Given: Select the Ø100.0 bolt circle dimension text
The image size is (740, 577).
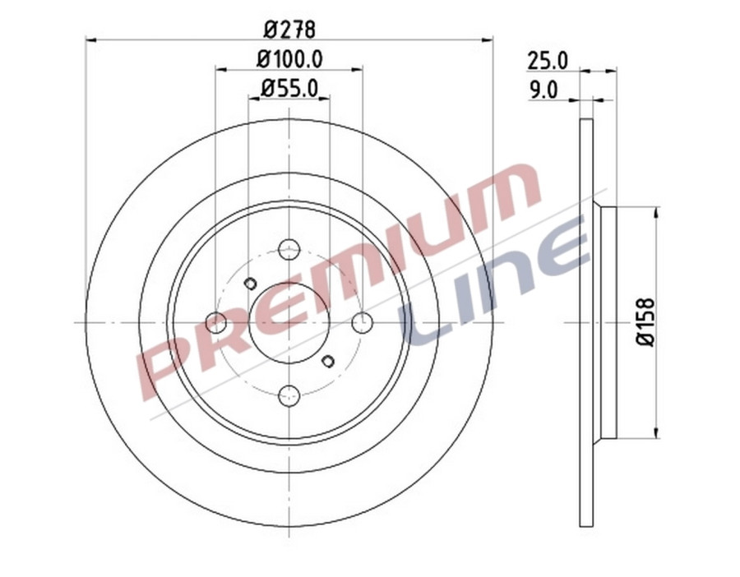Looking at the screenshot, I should (289, 59).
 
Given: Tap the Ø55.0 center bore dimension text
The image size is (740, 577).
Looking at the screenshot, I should (289, 87).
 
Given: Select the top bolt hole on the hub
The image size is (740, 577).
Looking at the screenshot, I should (289, 249).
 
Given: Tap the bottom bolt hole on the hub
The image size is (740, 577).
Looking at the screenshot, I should (289, 395).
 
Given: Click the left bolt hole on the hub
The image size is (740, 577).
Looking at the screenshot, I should (215, 322).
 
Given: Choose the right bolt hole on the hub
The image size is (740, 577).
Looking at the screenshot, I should (362, 322).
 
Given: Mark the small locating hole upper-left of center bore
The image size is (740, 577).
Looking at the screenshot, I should (251, 284).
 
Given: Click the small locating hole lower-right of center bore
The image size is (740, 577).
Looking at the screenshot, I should (327, 361).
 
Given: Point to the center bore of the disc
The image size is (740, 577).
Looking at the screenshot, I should (289, 322).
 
